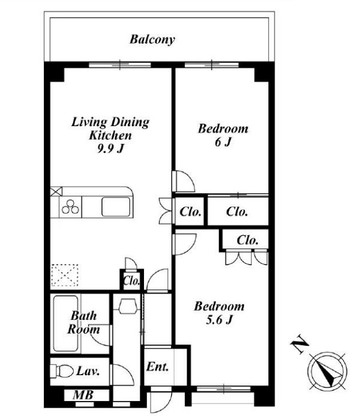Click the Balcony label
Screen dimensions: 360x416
(x=152, y=40)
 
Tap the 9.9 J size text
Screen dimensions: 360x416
(x=110, y=149)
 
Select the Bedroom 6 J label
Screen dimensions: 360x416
(x=223, y=135)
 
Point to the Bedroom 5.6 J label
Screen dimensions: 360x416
(x=219, y=313)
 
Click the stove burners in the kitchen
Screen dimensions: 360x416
(x=70, y=207)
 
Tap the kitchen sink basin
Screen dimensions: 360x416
(x=116, y=207)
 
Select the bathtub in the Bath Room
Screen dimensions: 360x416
(x=66, y=324)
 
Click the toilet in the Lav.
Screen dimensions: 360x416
(x=62, y=370)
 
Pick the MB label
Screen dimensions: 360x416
(x=83, y=396)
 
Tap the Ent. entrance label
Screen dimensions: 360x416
(x=157, y=367)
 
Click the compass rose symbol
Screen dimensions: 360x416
(x=327, y=371)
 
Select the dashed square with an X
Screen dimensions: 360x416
(x=64, y=275)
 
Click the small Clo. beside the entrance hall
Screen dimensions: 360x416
(x=131, y=281)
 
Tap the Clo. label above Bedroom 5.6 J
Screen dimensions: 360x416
(x=247, y=240)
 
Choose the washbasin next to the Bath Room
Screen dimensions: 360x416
(x=128, y=306)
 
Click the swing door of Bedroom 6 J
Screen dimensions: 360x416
(x=184, y=181)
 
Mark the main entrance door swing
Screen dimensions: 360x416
(x=161, y=402)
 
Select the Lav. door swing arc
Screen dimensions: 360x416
(x=124, y=375)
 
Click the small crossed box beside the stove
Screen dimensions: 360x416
(x=56, y=191)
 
